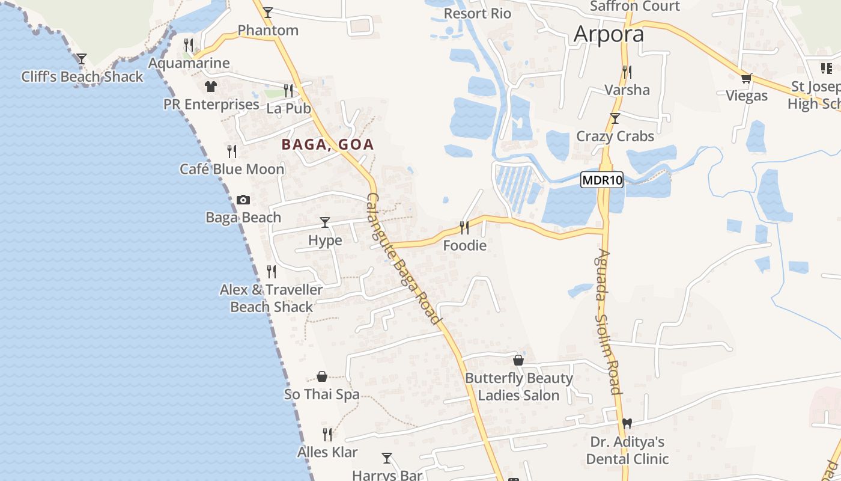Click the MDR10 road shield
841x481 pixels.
(x=602, y=180)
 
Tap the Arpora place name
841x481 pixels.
(x=609, y=34)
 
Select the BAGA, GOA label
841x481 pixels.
(x=328, y=144)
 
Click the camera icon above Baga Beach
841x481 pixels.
(x=243, y=200)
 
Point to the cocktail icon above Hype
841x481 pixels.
(x=325, y=222)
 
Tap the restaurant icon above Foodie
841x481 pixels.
(x=464, y=227)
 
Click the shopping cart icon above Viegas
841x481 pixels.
(x=747, y=78)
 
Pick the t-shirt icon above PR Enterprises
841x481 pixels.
(x=210, y=87)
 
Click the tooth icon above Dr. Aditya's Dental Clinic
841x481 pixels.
(x=628, y=424)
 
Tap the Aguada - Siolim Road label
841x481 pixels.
(x=606, y=322)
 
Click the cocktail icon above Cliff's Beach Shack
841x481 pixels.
(x=82, y=59)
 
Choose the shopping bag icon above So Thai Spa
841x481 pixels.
(x=322, y=377)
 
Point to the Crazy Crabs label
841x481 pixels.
(x=615, y=136)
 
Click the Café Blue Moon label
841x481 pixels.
(x=232, y=170)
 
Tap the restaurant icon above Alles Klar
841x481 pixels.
(x=327, y=434)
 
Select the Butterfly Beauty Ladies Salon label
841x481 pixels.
(x=519, y=387)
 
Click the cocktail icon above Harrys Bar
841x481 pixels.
(x=387, y=458)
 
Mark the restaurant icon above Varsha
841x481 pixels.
(x=627, y=72)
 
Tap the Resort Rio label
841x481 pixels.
(x=478, y=13)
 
